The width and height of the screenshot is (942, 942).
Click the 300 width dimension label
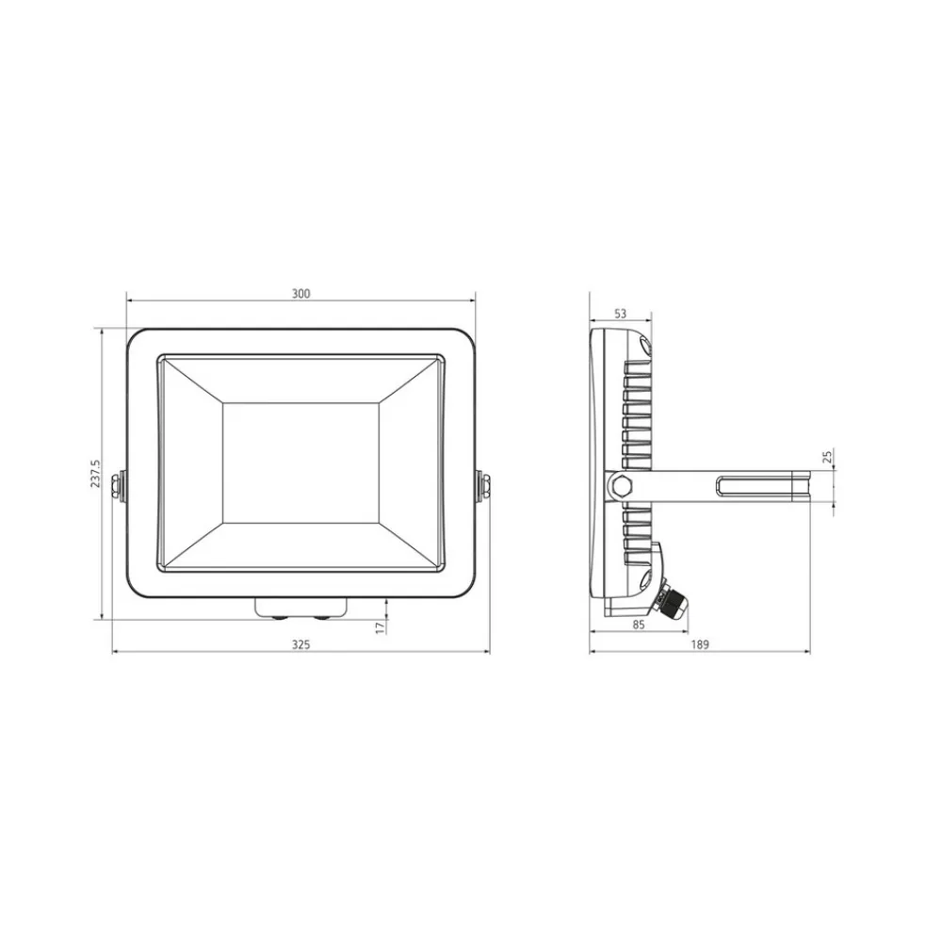(301, 294)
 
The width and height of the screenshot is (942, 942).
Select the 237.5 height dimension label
(95, 474)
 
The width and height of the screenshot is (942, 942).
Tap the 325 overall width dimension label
(301, 644)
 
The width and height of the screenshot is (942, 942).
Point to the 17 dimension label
(379, 627)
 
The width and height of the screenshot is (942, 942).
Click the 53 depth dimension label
(621, 314)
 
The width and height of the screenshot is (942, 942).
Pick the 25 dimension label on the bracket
(827, 457)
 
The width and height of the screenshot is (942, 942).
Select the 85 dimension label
(639, 625)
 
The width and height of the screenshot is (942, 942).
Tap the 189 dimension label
(700, 644)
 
